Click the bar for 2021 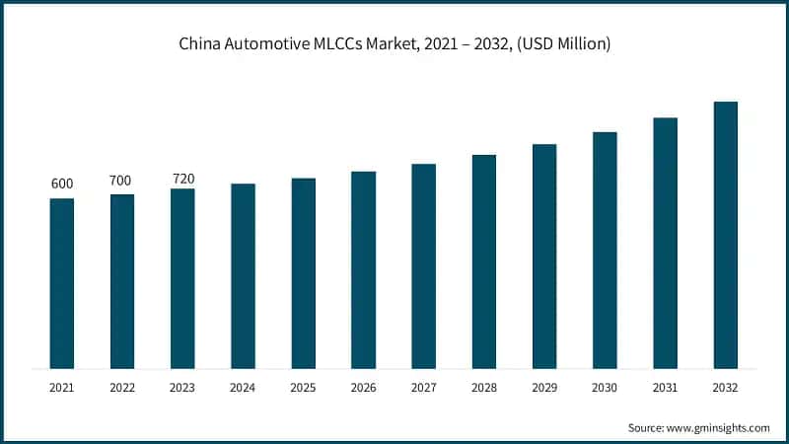click(x=62, y=284)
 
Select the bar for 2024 click(x=243, y=276)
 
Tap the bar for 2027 click(x=424, y=266)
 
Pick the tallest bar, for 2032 click(x=726, y=235)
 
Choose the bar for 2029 click(x=544, y=257)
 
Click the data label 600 click(x=62, y=185)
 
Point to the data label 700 click(x=122, y=181)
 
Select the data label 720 click(x=182, y=179)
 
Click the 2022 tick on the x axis click(x=122, y=389)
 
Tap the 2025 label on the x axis click(x=303, y=389)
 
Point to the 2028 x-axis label click(x=484, y=389)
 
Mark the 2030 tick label click(x=605, y=389)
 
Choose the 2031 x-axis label click(x=666, y=389)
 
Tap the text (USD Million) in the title click(x=558, y=43)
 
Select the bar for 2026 click(x=364, y=270)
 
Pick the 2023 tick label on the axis click(x=182, y=389)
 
